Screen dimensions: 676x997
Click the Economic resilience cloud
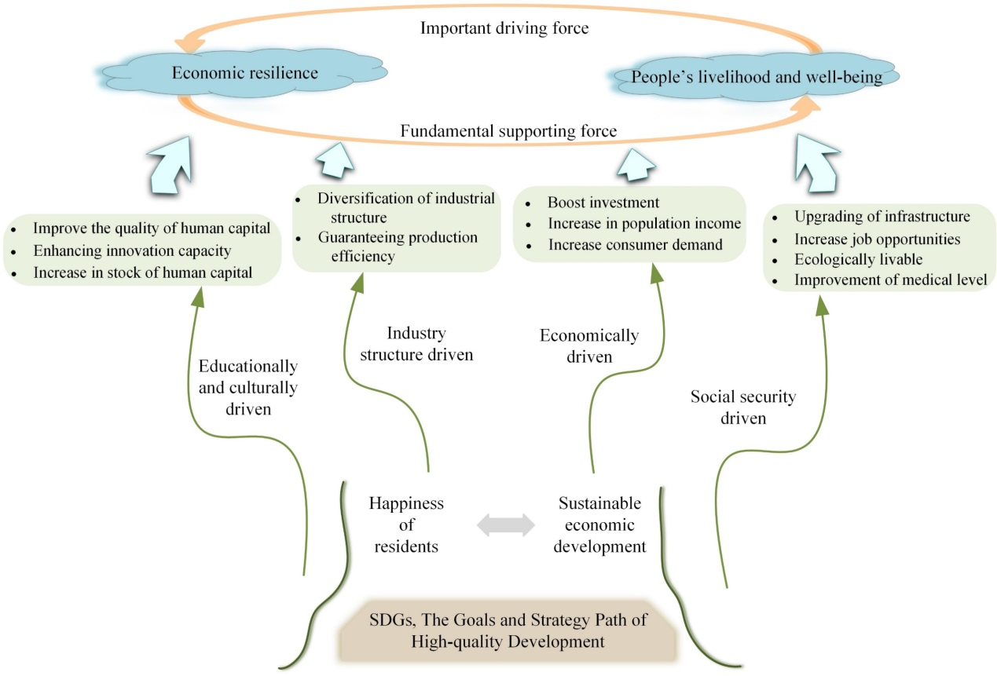[x=245, y=73]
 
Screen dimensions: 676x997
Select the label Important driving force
[x=504, y=29]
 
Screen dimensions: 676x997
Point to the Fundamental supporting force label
[x=508, y=130]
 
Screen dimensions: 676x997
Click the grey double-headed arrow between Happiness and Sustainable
[x=506, y=524]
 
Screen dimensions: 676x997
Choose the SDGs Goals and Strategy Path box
[x=508, y=630]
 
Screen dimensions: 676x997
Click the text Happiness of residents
[x=406, y=524]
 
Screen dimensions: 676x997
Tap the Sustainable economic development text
[x=599, y=524]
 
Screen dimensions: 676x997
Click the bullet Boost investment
[x=603, y=202]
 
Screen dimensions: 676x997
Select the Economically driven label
[x=589, y=346]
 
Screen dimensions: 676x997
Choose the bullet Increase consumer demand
[x=635, y=244]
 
